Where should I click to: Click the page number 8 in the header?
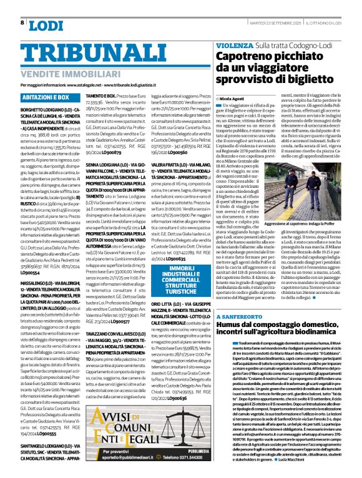click(x=22, y=24)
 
